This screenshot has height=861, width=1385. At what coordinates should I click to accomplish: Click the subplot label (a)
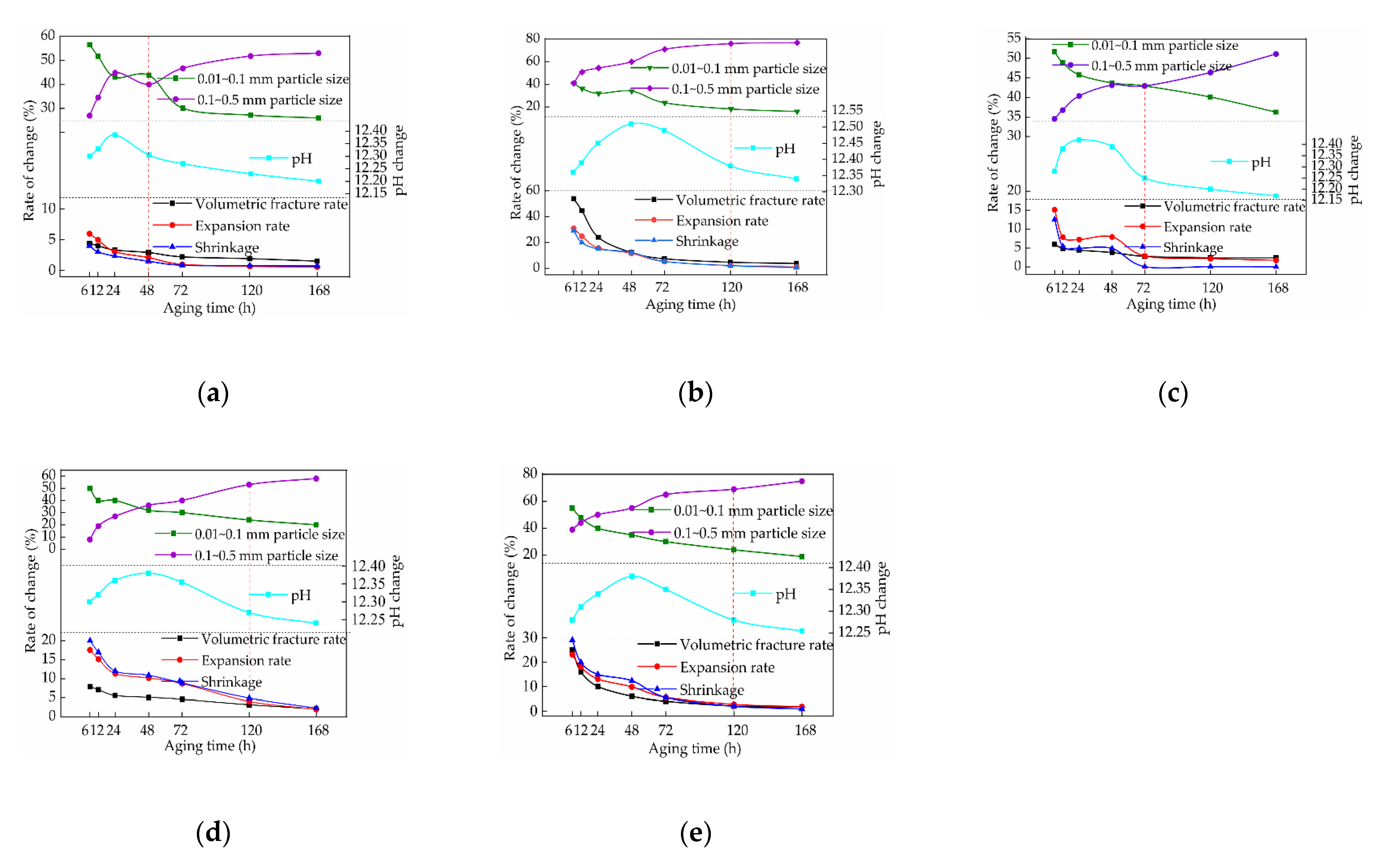pos(213,394)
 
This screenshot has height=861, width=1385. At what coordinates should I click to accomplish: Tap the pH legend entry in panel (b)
pos(784,149)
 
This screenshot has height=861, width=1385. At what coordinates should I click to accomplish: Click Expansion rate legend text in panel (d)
pos(246,660)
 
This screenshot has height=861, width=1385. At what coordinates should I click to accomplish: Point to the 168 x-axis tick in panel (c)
pos(1277,288)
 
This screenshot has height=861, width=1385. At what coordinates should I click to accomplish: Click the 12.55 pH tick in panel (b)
pos(847,109)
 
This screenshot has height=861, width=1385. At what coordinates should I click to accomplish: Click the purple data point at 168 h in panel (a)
pos(318,53)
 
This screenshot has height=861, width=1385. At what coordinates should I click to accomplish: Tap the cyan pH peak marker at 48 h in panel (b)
pos(631,124)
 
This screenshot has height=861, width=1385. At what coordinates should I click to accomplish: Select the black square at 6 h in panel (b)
pos(574,199)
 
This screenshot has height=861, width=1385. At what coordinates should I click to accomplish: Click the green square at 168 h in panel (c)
pos(1276,112)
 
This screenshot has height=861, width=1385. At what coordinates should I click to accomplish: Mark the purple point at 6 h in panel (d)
pos(90,539)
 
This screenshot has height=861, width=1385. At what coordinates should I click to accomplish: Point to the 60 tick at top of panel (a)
pos(48,35)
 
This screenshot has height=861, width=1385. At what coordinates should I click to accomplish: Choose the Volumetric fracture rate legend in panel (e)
pos(756,644)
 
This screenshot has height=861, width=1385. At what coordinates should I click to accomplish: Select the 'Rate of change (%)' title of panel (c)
pos(993,153)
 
